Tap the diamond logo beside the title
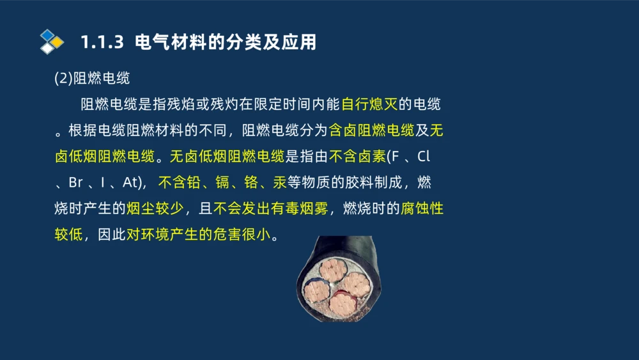(52, 42)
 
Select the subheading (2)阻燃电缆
(92, 78)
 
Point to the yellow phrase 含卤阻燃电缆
(371, 130)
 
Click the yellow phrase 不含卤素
(358, 157)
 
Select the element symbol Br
(75, 183)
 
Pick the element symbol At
(130, 183)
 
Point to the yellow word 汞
(279, 183)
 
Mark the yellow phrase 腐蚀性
(422, 208)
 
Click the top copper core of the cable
(332, 269)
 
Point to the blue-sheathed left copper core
(316, 291)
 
